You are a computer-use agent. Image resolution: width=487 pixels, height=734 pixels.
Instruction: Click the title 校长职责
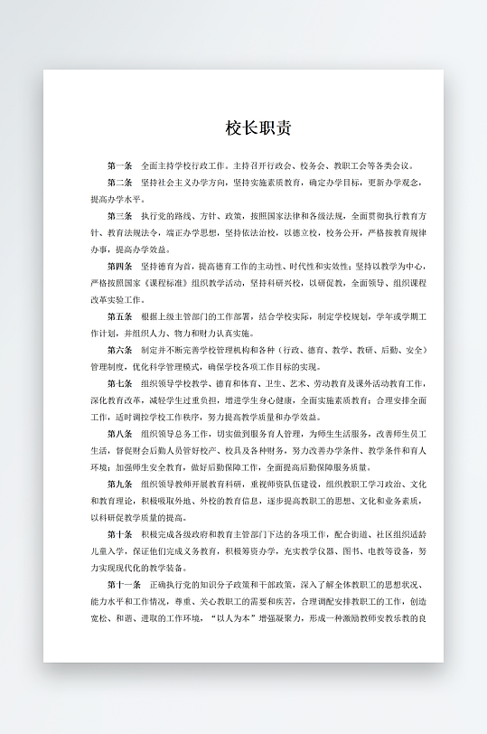click(258, 127)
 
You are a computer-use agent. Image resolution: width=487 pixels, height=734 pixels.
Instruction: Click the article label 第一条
click(119, 166)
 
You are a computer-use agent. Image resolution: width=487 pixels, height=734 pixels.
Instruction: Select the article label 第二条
click(119, 183)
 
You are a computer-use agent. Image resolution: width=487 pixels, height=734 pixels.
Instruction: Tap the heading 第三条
click(119, 217)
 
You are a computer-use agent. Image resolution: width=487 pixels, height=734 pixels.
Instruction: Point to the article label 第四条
click(119, 267)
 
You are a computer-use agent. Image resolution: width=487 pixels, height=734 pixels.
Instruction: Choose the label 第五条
click(119, 317)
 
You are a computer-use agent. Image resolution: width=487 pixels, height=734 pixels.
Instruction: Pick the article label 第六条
click(119, 350)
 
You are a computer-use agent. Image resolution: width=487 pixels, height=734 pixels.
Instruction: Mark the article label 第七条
click(119, 383)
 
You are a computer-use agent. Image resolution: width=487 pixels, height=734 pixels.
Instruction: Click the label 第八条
click(119, 434)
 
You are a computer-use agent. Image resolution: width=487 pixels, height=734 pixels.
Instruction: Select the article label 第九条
click(119, 485)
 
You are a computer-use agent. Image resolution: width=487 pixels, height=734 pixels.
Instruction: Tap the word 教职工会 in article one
click(344, 166)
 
